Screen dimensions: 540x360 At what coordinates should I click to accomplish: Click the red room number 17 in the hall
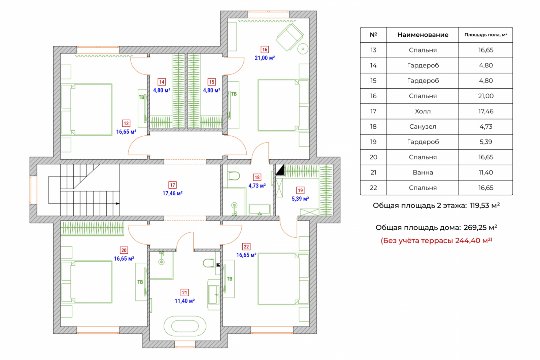coord(172,185)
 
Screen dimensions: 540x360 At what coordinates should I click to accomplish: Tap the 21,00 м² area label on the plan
coord(265,58)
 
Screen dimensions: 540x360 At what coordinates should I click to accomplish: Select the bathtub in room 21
coord(185,326)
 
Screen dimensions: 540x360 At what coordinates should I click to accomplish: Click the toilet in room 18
coord(234,176)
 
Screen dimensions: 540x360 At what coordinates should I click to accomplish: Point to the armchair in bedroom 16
coord(289,37)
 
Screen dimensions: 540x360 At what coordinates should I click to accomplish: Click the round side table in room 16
coord(303,49)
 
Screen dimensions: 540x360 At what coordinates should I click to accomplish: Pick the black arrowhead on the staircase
coord(117,203)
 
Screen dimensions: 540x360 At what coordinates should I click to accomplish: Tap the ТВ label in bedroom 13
coord(141,97)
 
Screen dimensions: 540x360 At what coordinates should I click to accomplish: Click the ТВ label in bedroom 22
coord(230,279)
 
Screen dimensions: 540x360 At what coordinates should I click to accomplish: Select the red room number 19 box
coord(300,190)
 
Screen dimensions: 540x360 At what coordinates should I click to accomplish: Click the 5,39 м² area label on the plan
coord(300,199)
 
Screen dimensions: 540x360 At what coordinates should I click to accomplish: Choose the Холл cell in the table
coord(423,111)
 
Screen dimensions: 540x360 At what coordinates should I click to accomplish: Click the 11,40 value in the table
coord(486,172)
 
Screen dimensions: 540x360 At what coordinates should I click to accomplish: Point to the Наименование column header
coord(423,35)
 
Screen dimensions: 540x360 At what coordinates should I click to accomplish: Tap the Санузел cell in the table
coord(423,127)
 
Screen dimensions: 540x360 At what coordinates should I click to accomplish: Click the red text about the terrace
coord(436,240)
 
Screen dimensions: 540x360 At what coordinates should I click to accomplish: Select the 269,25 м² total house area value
coord(480,227)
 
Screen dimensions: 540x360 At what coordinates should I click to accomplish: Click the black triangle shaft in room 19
coord(280,170)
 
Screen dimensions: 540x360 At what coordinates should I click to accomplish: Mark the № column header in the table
coord(373,35)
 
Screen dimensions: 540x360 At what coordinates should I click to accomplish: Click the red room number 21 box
coord(184,293)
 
